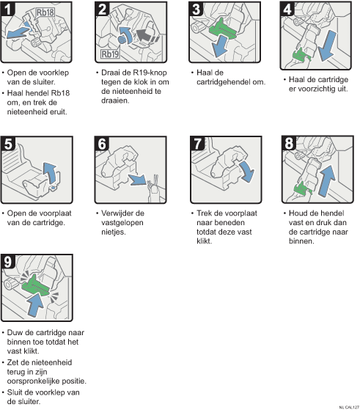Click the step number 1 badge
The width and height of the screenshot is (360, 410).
pyautogui.click(x=8, y=9)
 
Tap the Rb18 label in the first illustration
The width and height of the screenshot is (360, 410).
pyautogui.click(x=45, y=12)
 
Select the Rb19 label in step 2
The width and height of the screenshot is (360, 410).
pyautogui.click(x=110, y=54)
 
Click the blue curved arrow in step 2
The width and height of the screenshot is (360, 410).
pyautogui.click(x=125, y=35)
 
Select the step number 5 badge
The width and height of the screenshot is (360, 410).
pyautogui.click(x=8, y=144)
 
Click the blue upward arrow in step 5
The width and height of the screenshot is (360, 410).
pyautogui.click(x=50, y=173)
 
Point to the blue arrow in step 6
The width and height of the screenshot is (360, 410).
pyautogui.click(x=137, y=180)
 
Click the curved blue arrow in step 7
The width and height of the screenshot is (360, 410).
pyautogui.click(x=246, y=171)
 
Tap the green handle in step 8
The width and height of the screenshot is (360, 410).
pyautogui.click(x=302, y=188)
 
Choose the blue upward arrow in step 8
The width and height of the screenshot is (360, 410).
pyautogui.click(x=327, y=181)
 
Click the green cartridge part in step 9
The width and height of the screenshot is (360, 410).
pyautogui.click(x=35, y=286)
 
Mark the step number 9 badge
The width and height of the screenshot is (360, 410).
pyautogui.click(x=8, y=262)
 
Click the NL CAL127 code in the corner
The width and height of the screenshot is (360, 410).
pyautogui.click(x=349, y=407)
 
